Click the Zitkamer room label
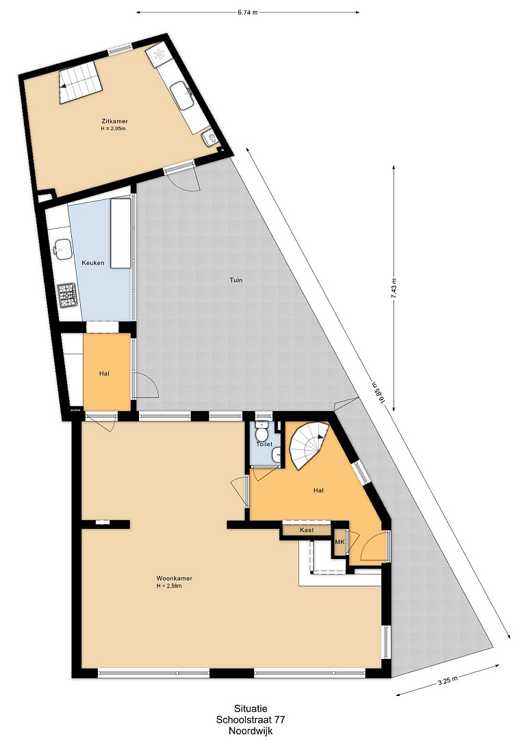[x=114, y=121]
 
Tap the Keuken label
[x=93, y=262]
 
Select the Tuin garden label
[x=236, y=280]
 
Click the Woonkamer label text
[x=175, y=579]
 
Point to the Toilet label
[x=265, y=444]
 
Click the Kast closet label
[x=307, y=530]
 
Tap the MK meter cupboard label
[x=339, y=542]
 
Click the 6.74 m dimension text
[x=248, y=12]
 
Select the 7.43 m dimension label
[x=394, y=288]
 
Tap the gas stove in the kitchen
[x=67, y=295]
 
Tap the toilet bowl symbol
[x=261, y=433]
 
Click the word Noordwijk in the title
[x=250, y=731]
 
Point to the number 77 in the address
[x=279, y=720]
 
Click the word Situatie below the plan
[x=250, y=709]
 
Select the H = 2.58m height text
[x=169, y=586]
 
